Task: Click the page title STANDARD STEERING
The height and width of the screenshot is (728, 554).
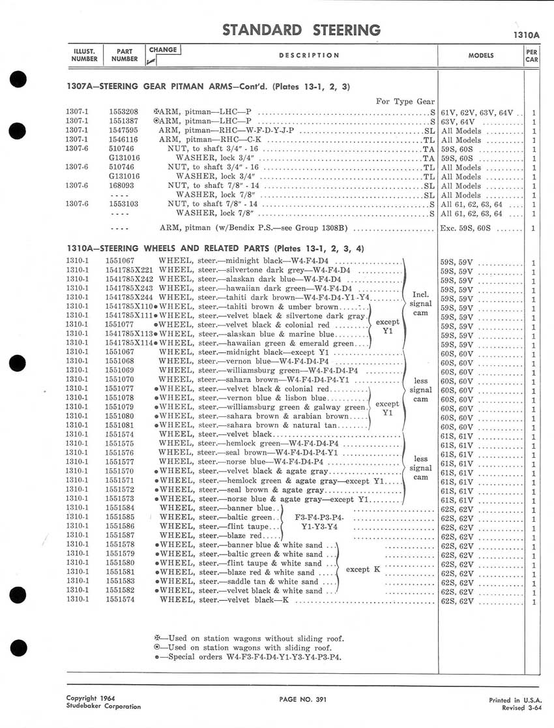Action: coord(301,30)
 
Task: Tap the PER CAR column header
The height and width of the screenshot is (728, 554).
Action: coord(531,55)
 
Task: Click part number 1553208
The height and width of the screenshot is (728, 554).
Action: coord(122,112)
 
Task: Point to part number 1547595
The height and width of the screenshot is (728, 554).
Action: coord(122,130)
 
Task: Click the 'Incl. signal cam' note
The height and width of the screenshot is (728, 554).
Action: coord(420,303)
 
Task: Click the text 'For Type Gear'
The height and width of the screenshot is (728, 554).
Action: coord(405,101)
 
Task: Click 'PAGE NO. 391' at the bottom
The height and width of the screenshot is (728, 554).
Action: coord(302,699)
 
